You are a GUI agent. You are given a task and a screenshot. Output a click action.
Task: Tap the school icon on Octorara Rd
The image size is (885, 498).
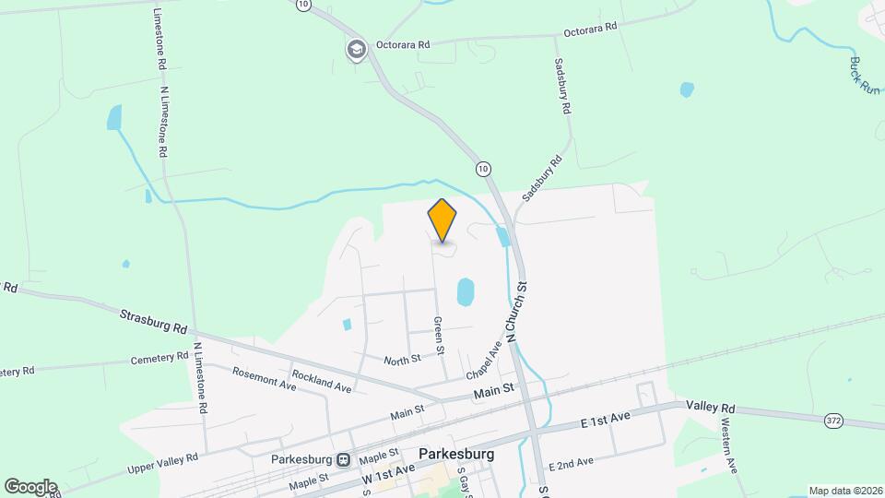click(356, 49)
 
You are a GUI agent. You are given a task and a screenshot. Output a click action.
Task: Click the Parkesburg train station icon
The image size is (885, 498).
click(343, 459)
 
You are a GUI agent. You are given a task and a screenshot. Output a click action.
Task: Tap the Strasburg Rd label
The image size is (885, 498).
click(154, 321)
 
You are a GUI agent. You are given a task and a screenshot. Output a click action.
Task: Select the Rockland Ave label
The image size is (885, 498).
click(322, 382)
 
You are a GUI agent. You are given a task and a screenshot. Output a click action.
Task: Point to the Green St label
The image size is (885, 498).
click(440, 336)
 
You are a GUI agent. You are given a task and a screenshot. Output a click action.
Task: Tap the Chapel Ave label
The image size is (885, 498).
click(483, 360)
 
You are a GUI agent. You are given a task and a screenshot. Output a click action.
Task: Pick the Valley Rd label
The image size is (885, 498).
click(710, 407)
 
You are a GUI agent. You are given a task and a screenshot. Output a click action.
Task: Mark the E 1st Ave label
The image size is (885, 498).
click(605, 421)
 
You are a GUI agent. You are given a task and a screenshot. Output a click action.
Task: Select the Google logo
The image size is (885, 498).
click(29, 486)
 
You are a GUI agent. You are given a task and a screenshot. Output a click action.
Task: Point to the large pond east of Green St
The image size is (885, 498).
click(466, 292)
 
